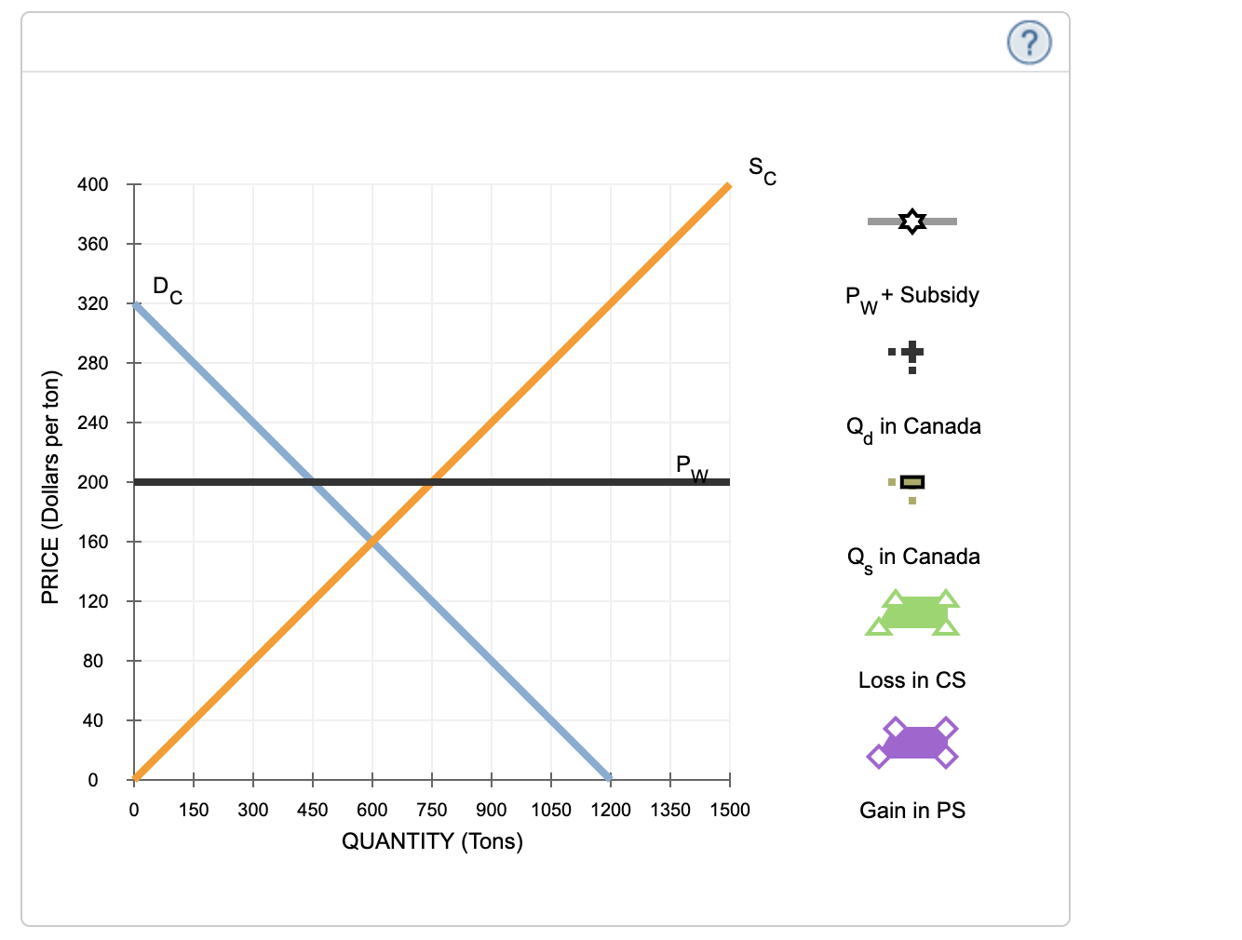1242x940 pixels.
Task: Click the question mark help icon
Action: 1029,43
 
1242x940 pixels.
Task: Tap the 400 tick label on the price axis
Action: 92,184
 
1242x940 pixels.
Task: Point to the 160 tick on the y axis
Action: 92,542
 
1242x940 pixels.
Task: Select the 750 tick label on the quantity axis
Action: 431,810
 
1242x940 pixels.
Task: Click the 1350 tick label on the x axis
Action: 669,810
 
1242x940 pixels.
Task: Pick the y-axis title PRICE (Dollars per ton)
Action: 50,487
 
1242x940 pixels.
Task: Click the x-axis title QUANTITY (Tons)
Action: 432,841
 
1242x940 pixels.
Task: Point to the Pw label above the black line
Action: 691,466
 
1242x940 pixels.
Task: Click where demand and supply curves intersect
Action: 372,541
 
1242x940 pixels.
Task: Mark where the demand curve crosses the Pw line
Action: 313,482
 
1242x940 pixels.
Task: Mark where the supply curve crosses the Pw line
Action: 431,482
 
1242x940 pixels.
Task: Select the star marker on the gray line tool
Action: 912,222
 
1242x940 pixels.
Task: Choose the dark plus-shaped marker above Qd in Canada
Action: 912,351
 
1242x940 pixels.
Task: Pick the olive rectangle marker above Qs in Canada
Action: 912,482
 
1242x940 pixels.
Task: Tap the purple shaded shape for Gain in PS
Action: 912,743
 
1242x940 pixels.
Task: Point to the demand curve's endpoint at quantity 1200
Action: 610,778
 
